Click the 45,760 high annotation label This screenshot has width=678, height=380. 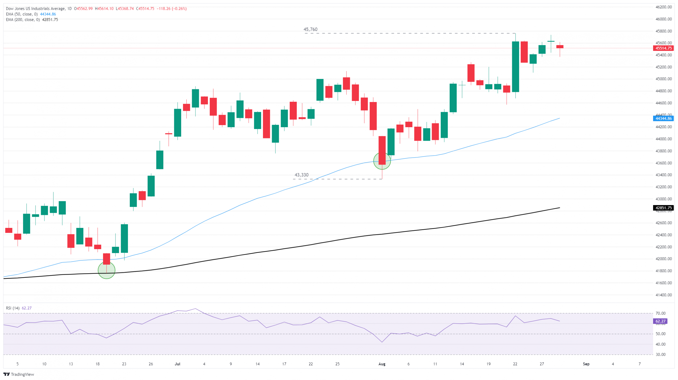coord(310,29)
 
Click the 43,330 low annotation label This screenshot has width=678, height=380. coord(301,175)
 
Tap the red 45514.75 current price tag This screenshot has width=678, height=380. coord(663,48)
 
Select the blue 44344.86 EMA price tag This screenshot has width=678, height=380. coord(663,118)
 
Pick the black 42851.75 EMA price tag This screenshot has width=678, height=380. coord(663,208)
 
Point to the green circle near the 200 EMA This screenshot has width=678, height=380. coord(106,270)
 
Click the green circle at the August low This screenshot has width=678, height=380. coord(382,161)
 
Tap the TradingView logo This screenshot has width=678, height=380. coord(19,374)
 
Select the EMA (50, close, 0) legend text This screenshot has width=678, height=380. coord(22,14)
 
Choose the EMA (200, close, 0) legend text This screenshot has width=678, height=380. coord(23,20)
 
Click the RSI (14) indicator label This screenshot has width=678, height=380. coord(13,308)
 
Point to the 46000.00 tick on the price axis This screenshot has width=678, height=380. coord(663,19)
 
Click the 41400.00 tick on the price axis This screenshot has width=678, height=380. coord(663,295)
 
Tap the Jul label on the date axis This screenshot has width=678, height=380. coord(177,364)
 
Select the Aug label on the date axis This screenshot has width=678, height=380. coord(382,364)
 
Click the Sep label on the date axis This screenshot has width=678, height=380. coord(586,364)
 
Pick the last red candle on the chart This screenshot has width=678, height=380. coord(560,47)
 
